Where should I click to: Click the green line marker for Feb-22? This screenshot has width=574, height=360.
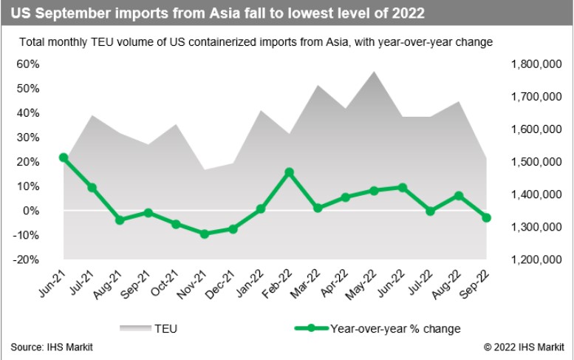tap(289, 172)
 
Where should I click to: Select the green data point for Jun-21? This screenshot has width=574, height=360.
tap(64, 157)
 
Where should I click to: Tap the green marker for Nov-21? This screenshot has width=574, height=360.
tap(205, 234)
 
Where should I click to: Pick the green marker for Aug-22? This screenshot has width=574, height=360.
tap(459, 196)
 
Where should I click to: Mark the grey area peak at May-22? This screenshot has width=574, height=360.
tap(374, 72)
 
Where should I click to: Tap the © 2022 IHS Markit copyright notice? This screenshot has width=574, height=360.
tap(523, 347)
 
